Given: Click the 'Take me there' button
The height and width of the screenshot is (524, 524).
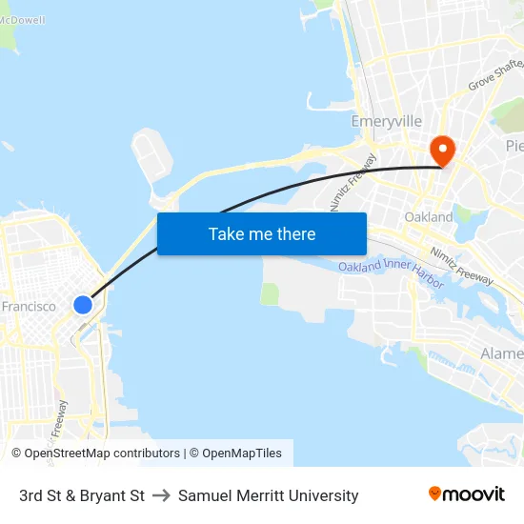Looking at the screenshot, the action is [x=262, y=233].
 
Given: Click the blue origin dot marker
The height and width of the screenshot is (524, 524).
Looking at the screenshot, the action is [x=83, y=305].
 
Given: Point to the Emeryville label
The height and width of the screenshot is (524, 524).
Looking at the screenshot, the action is [x=386, y=122].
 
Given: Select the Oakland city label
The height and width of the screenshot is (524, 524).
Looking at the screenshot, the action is [x=429, y=217].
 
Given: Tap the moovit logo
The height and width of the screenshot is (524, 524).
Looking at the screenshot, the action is [x=467, y=494].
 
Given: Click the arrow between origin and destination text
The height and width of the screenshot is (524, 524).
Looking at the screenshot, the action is [x=161, y=495].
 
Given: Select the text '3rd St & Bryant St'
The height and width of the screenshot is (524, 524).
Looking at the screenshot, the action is [x=82, y=495].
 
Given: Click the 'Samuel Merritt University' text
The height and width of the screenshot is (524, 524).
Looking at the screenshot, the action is [x=268, y=495].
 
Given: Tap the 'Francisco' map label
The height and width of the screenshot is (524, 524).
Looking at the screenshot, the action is [x=29, y=307].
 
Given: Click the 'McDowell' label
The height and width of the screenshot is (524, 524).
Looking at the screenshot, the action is [x=22, y=20].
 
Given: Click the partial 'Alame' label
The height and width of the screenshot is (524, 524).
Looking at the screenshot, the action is [x=501, y=353].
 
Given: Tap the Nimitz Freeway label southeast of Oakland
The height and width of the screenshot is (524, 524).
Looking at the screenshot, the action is [x=461, y=266].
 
